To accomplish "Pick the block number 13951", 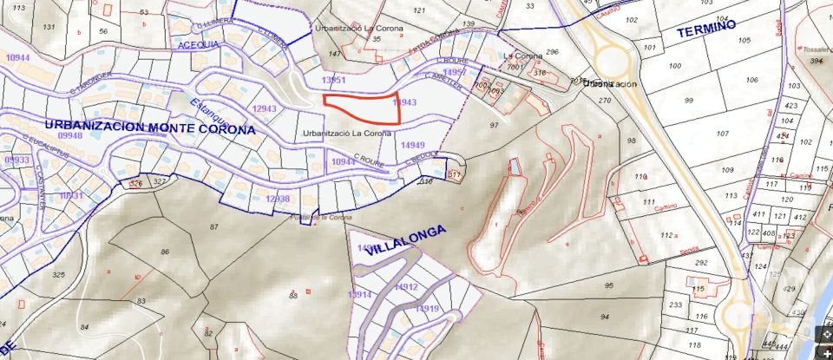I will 333,80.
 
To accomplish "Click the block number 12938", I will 277,199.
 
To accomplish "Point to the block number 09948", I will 69,136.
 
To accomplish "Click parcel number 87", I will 213,226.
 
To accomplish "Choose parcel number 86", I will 165,252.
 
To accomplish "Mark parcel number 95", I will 608,285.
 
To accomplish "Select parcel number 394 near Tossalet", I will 816,61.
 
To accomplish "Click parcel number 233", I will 676,304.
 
